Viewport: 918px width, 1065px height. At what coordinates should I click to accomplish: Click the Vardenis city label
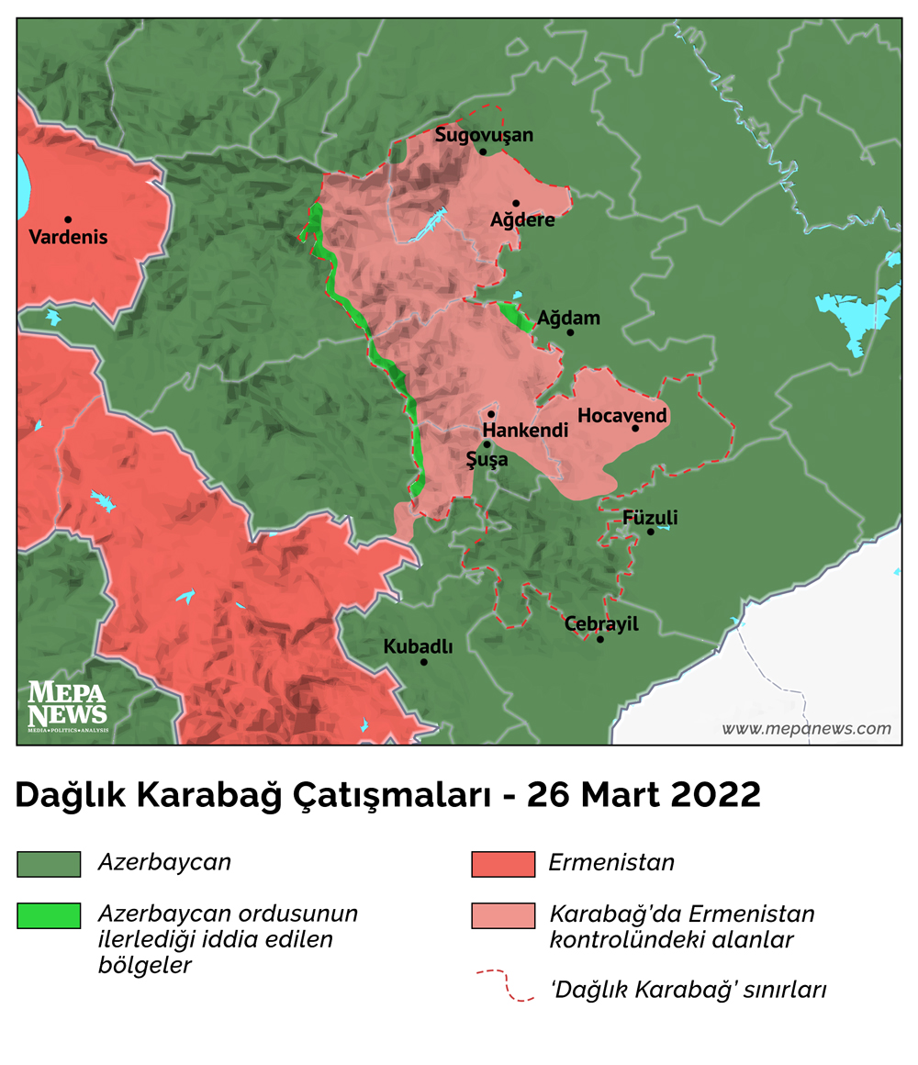point(68,237)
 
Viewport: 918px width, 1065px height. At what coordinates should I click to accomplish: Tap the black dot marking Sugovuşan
point(483,151)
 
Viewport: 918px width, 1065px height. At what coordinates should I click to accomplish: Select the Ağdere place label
point(522,220)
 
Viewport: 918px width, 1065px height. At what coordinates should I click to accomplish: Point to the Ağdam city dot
point(570,332)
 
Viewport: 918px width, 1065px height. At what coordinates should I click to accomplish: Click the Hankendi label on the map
point(525,431)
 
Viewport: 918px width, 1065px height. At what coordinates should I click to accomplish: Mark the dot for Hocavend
point(635,428)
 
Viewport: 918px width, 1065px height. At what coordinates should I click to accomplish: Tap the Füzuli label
point(650,517)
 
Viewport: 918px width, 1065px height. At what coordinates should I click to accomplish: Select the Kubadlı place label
point(418,646)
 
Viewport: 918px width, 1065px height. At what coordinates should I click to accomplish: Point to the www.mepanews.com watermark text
point(806,729)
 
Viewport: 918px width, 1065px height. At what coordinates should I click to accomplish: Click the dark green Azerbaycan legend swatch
point(49,864)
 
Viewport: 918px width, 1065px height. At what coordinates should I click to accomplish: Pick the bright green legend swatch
point(49,915)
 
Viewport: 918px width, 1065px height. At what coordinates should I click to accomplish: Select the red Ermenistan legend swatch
point(502,864)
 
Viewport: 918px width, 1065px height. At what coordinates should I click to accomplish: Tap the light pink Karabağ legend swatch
point(502,915)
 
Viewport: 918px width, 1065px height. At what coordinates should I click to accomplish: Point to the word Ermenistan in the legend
point(611,863)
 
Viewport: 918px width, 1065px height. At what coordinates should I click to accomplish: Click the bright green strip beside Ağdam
point(517,317)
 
